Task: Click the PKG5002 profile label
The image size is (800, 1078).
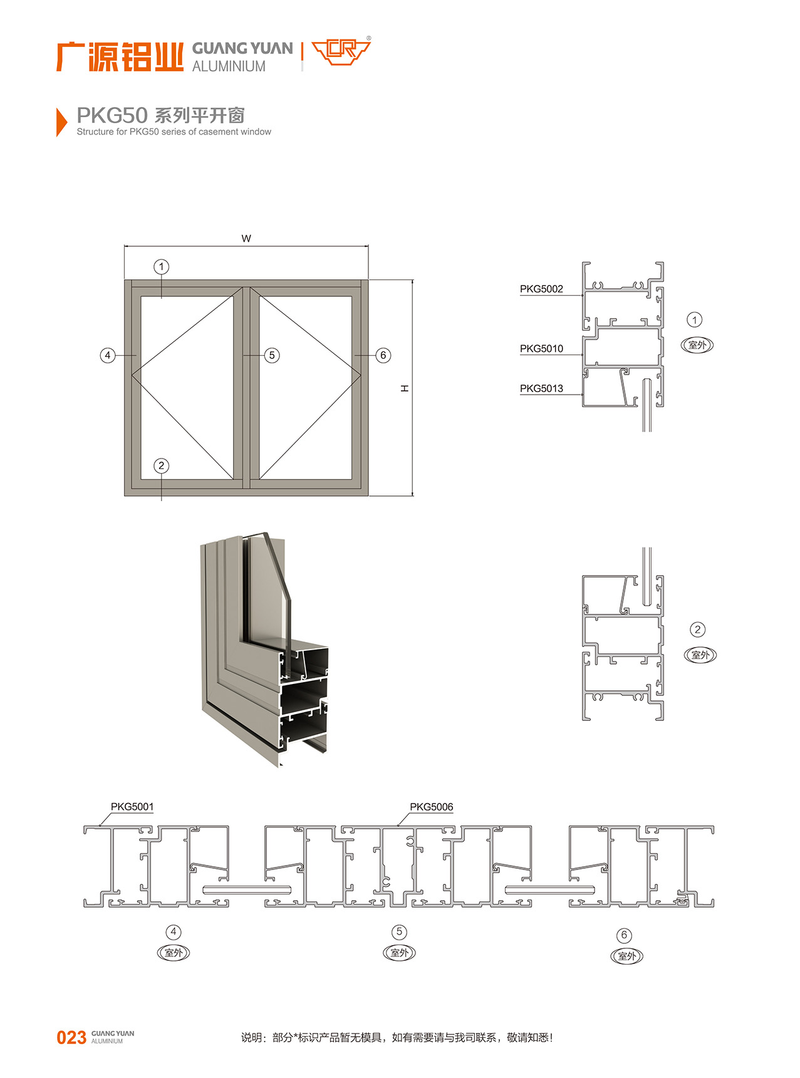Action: [541, 289]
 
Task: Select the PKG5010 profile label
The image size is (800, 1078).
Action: [541, 348]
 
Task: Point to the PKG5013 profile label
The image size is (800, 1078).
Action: [541, 388]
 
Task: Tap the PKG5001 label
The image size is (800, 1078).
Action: [132, 807]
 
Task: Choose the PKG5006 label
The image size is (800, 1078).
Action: [432, 807]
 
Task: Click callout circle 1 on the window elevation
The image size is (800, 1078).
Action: [162, 267]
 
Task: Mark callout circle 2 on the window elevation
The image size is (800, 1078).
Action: [162, 465]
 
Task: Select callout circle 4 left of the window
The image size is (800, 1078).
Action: [108, 355]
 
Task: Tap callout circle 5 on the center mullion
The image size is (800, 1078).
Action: [272, 355]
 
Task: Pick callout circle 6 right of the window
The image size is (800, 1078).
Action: [383, 355]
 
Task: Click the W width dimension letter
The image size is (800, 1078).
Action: [246, 239]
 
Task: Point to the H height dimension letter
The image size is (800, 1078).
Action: [405, 389]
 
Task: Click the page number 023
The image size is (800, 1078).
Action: [71, 1038]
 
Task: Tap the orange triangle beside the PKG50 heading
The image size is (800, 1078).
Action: [61, 122]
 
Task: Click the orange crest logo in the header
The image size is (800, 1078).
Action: [341, 51]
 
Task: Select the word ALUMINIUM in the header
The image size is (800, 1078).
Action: [229, 66]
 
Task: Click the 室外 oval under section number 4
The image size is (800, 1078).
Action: [173, 953]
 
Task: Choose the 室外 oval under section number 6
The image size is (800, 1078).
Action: [626, 956]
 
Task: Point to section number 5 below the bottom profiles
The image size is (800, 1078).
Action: [399, 932]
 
